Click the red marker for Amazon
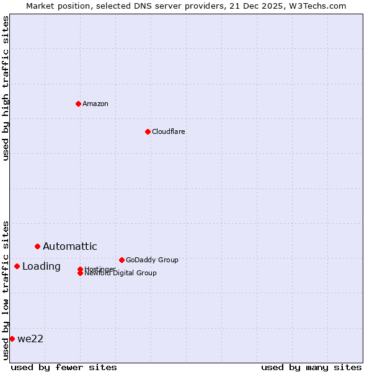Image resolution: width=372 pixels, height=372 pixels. coord(78,104)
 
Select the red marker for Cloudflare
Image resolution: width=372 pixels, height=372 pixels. coord(148,131)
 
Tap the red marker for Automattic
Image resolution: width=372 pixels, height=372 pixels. coord(37,247)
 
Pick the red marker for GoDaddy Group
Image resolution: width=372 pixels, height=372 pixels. coord(122,260)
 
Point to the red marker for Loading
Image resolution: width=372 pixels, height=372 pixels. coord(17,267)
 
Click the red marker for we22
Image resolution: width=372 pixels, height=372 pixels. coord(12,339)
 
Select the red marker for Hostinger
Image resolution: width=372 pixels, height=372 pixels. coord(80,269)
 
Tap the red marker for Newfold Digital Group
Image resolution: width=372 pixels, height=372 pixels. coord(80,273)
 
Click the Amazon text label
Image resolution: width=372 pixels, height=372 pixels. coord(95,104)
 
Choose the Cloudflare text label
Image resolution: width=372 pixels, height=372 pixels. coord(168,131)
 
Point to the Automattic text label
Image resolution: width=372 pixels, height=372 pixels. coord(69,247)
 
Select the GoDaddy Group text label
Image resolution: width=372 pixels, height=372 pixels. coord(152,260)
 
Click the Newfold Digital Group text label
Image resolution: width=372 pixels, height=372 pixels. coord(120,273)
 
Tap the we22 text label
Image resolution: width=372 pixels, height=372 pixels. coord(30,339)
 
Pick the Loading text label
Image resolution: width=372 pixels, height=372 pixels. coord(41,267)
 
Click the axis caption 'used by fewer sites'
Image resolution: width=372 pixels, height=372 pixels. coord(64,367)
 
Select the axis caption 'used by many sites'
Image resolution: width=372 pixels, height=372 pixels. coord(311,367)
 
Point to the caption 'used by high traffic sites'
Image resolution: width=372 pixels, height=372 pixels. coord(6,88)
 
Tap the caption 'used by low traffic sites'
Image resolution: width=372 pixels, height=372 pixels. coord(6,290)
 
